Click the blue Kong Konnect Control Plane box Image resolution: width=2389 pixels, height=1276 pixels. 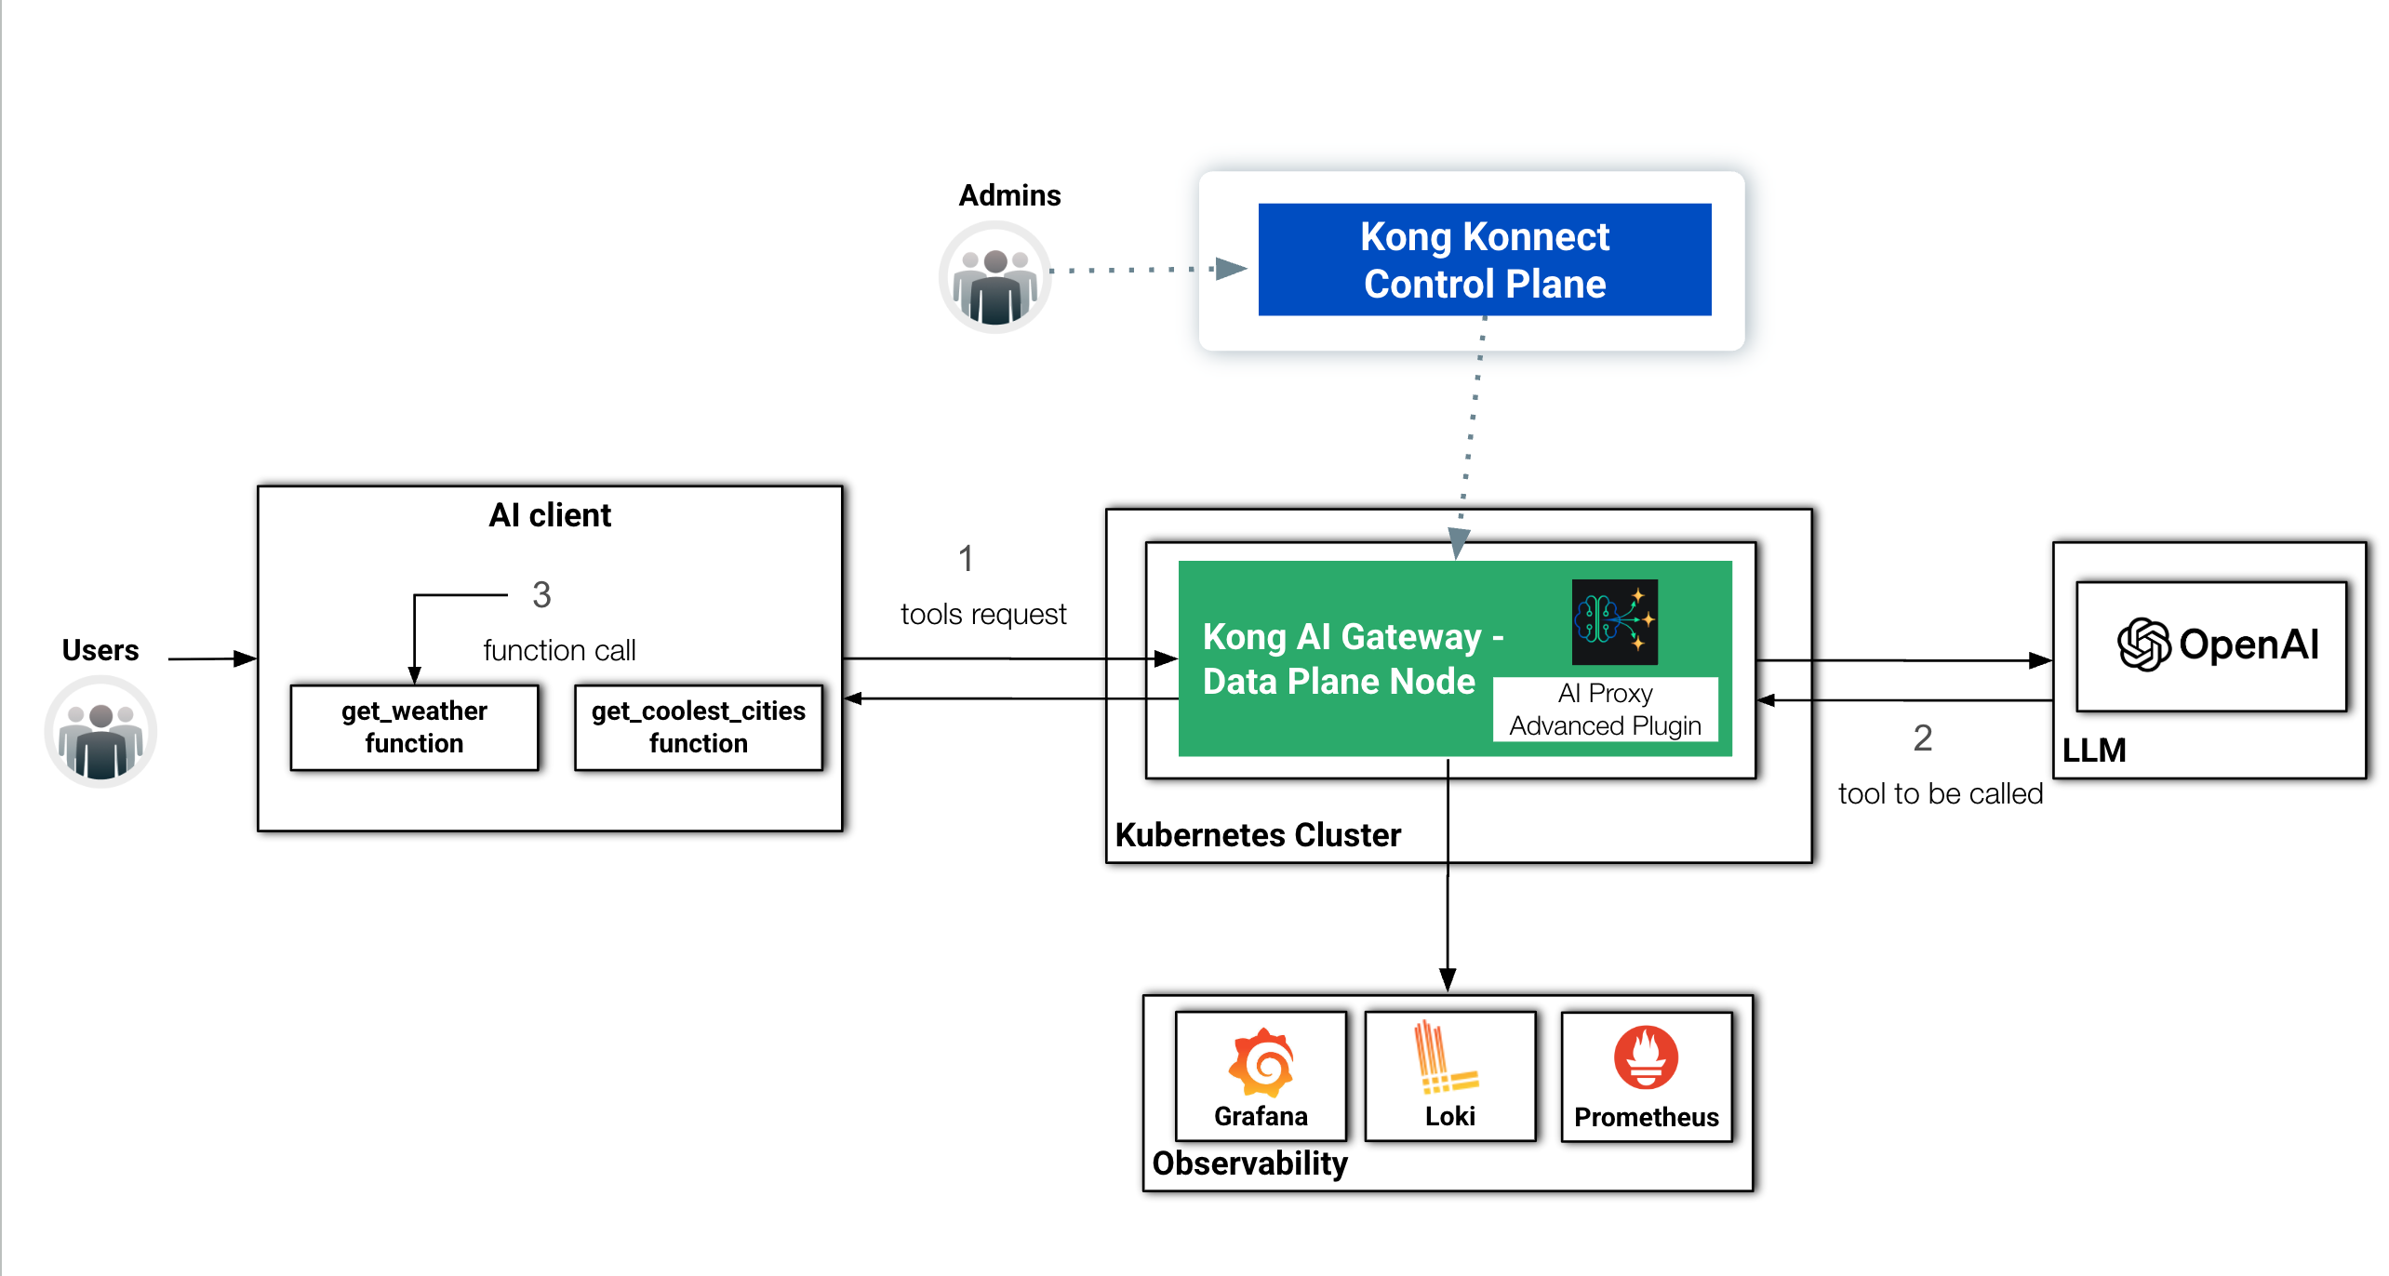[1484, 259]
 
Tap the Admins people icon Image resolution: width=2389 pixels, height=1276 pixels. [994, 278]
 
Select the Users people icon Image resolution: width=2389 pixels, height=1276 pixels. [100, 733]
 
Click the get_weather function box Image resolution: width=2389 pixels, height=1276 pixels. [414, 727]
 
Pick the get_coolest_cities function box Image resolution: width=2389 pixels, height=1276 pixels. [698, 727]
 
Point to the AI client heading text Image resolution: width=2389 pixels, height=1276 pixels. [550, 515]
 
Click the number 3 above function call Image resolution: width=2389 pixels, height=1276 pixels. [541, 595]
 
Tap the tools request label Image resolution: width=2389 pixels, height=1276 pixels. [982, 615]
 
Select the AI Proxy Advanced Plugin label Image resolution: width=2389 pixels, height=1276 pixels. [1605, 710]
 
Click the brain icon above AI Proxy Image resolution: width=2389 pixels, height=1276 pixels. [1614, 621]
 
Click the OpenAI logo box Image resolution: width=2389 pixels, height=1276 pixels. [2211, 646]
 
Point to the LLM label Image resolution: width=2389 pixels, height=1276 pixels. [2093, 750]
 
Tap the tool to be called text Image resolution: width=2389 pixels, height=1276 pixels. [1940, 794]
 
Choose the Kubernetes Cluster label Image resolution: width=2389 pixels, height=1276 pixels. [1257, 835]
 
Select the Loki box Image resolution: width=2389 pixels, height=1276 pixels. [1449, 1076]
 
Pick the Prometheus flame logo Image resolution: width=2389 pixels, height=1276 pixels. [1645, 1058]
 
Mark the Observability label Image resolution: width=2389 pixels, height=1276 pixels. [1249, 1163]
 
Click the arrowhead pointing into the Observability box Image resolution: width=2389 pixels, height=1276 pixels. [1448, 980]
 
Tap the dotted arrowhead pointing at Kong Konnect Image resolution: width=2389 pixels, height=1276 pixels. [1230, 269]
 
